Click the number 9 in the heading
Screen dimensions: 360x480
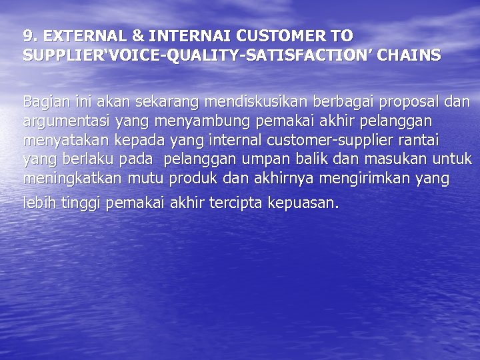(x=27, y=36)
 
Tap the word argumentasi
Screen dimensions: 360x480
(x=67, y=122)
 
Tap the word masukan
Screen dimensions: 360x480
(x=394, y=160)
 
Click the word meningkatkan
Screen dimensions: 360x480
(x=73, y=179)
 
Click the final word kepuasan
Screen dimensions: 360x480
(x=303, y=203)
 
